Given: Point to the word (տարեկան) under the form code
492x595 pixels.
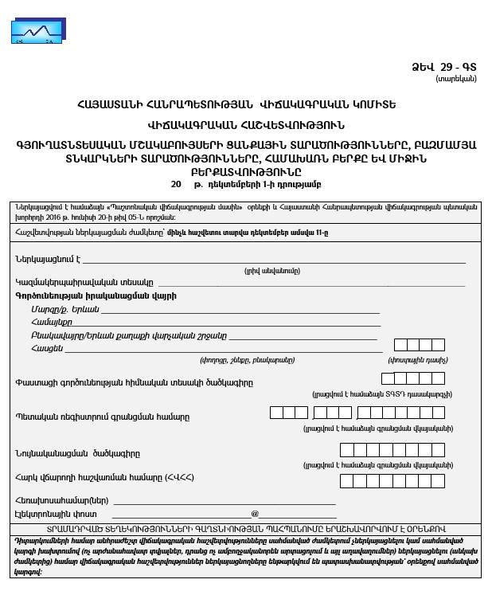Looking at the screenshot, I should click(456, 78).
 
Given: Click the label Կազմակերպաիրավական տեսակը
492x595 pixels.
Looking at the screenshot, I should click(84, 282).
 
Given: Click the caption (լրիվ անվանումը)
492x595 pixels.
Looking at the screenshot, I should click(271, 271).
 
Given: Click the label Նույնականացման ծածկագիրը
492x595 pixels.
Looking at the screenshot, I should click(77, 453).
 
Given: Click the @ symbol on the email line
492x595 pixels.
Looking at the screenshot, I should click(255, 514).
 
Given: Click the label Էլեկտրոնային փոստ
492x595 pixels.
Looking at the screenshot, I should click(54, 514).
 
